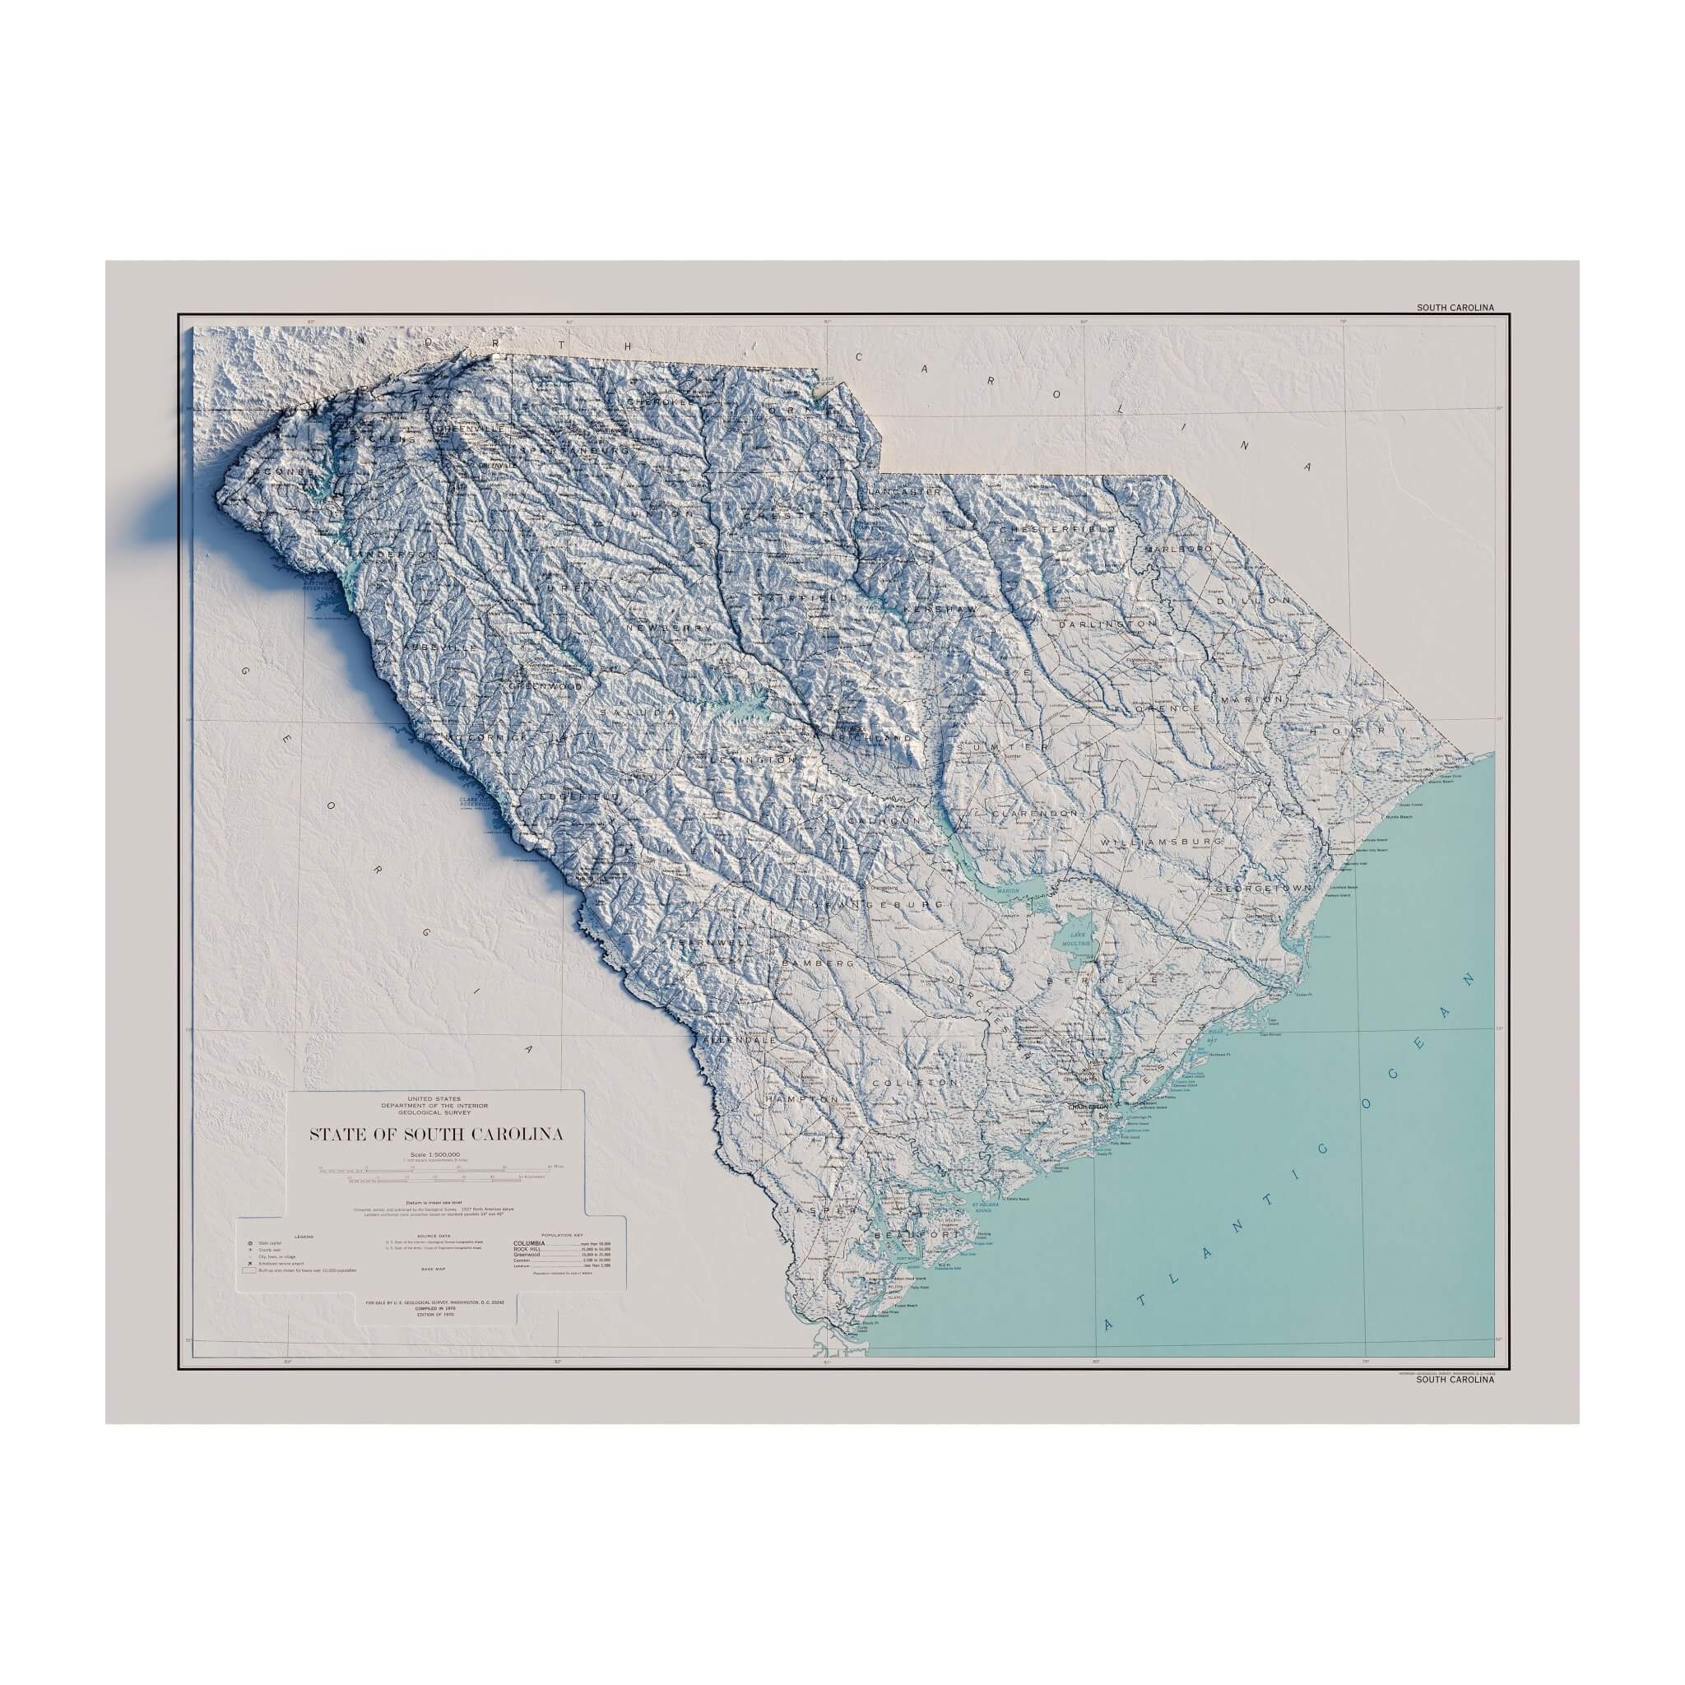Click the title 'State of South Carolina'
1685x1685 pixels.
pyautogui.click(x=436, y=1135)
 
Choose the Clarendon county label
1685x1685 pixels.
pyautogui.click(x=1034, y=812)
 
